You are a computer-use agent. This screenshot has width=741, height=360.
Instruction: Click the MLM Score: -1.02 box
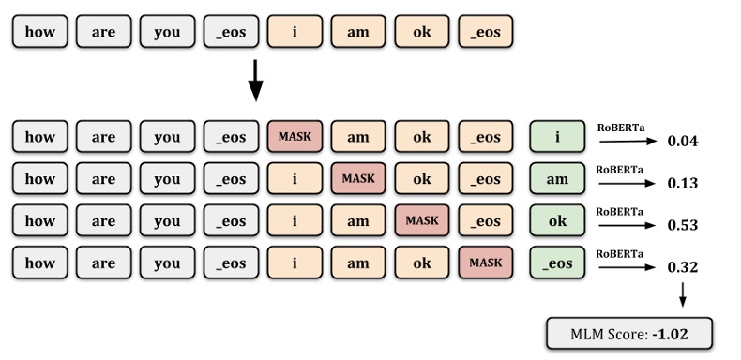pos(629,334)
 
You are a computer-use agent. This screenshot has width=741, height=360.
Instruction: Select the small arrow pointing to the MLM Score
pos(682,294)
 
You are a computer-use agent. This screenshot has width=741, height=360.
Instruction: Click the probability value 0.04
pos(683,142)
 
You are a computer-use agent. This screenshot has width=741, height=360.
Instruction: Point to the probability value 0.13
pos(683,183)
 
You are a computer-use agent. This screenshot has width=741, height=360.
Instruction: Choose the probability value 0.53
pos(683,225)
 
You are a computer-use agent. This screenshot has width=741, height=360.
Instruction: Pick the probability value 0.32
pos(683,267)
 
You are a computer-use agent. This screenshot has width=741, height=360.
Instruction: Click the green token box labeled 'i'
pos(558,137)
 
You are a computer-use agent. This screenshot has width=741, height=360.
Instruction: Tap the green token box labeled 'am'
pos(558,178)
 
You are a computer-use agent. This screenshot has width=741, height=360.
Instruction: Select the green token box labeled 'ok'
pos(558,220)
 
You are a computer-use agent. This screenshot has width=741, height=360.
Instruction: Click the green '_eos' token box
pos(558,262)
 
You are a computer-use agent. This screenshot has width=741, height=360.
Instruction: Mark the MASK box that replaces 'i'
pos(295,137)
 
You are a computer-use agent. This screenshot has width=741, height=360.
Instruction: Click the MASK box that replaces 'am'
pos(358,178)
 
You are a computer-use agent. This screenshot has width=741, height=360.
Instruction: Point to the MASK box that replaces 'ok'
pos(422,220)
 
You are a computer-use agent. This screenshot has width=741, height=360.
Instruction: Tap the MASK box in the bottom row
pos(486,262)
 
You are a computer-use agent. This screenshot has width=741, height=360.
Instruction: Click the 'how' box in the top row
pos(40,32)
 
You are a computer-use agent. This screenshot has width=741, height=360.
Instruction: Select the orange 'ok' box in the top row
pos(422,32)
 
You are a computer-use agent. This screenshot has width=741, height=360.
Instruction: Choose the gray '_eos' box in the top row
pos(231,32)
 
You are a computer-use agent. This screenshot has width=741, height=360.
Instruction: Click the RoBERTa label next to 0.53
pos(620,212)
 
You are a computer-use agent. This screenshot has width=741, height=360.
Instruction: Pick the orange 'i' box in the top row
pos(295,32)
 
